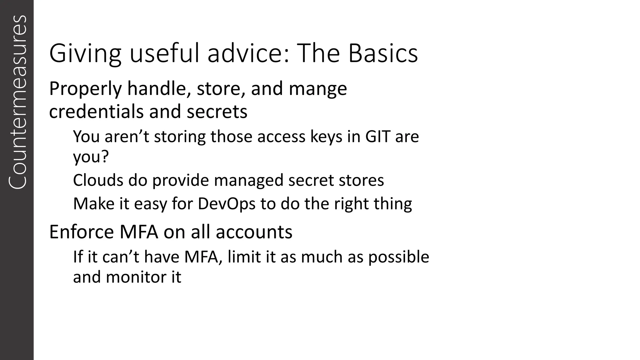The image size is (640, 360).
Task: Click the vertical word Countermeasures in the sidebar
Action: pos(17,102)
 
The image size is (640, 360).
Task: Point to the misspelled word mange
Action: pos(317,89)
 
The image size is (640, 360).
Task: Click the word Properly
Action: pos(85,89)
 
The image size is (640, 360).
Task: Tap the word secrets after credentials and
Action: pos(217,112)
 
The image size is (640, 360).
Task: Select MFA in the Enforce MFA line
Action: pos(138,232)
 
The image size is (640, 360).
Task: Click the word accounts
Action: pos(254,232)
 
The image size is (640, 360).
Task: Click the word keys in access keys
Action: pos(326,137)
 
